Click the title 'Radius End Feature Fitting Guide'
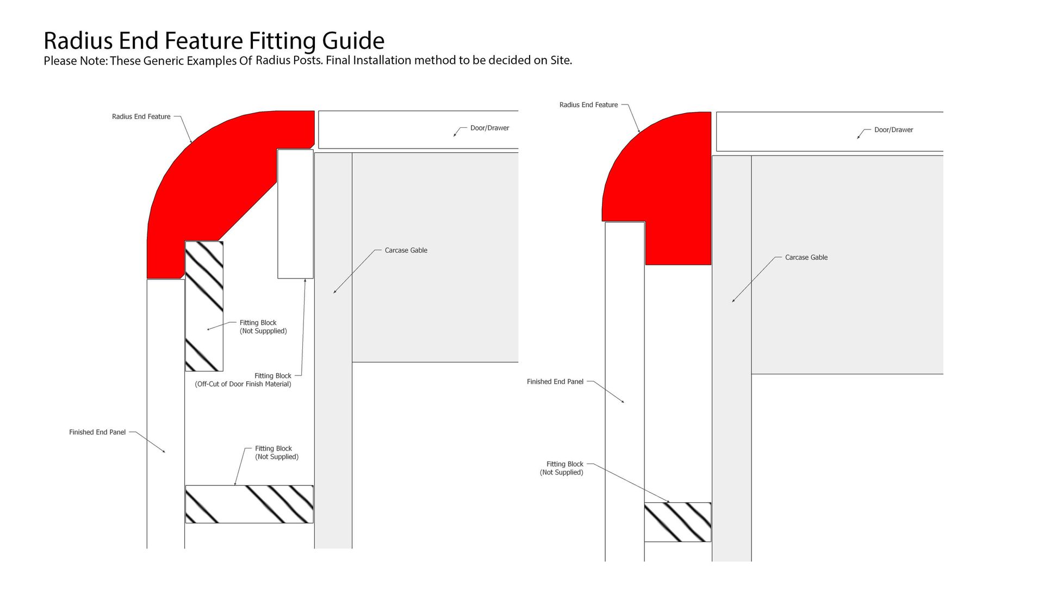point(214,41)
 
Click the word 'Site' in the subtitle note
point(560,60)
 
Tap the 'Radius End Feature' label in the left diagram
point(141,116)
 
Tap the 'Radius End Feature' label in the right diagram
point(588,104)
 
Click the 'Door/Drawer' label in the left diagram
point(489,128)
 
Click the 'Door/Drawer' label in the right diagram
point(893,129)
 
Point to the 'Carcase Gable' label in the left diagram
point(406,250)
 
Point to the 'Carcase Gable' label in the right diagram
point(806,257)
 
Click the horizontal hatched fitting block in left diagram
point(249,504)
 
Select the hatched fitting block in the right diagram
point(678,522)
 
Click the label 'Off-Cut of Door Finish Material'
point(243,384)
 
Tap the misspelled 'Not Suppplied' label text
point(263,331)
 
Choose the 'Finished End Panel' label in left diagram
point(97,432)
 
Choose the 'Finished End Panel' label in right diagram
point(555,381)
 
